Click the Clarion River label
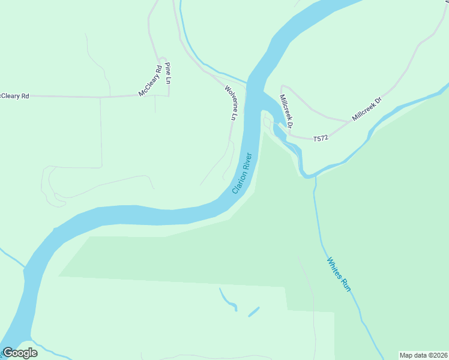pyautogui.click(x=243, y=173)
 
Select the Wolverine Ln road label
pyautogui.click(x=229, y=103)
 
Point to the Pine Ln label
pyautogui.click(x=169, y=73)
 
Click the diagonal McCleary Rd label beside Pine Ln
pyautogui.click(x=150, y=80)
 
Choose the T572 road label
pyautogui.click(x=322, y=139)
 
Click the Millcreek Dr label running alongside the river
pyautogui.click(x=285, y=111)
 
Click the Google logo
pyautogui.click(x=20, y=353)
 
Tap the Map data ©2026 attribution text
pyautogui.click(x=424, y=355)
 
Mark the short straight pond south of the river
pyautogui.click(x=253, y=311)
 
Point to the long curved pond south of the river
pyautogui.click(x=228, y=299)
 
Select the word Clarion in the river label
pyautogui.click(x=239, y=183)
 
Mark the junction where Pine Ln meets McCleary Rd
pyautogui.click(x=169, y=95)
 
